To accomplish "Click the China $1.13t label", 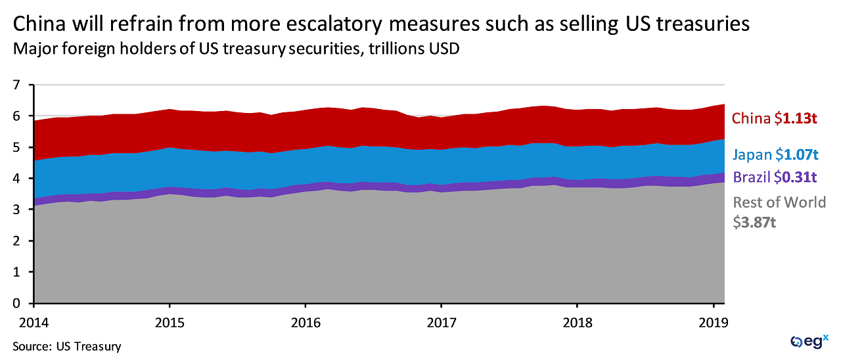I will (776, 118).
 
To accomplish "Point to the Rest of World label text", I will (779, 202).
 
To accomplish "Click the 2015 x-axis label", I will (170, 324).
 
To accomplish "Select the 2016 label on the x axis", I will (305, 324).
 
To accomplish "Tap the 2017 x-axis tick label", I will (441, 324).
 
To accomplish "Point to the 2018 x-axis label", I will (577, 324).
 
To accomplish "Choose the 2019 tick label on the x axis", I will (712, 324).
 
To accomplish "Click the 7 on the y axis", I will (17, 85).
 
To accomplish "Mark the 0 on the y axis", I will (17, 304).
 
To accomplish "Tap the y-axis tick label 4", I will (17, 179).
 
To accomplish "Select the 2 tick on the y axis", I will (17, 241).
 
